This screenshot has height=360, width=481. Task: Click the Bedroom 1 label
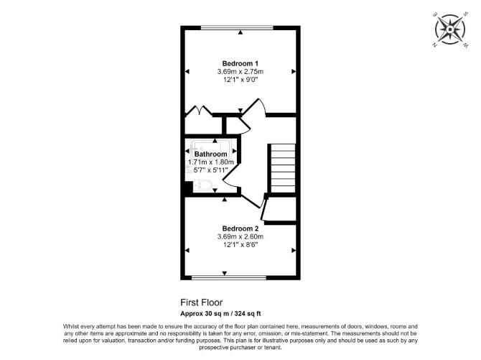pos(240,63)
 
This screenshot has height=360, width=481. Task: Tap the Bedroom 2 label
pos(240,229)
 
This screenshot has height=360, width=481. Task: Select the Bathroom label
pos(211,154)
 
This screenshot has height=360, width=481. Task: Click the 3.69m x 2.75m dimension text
pos(240,72)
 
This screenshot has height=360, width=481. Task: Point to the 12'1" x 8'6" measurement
pos(240,245)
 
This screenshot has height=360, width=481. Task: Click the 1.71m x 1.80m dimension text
pos(211,162)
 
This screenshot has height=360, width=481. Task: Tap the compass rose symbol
pos(449,29)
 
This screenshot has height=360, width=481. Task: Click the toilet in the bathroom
pos(202,186)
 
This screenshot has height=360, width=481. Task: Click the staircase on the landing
pos(282,168)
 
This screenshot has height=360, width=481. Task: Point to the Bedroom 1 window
pos(237,27)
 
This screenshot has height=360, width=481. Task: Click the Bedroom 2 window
pos(229,277)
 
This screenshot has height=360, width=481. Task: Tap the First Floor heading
pos(201,303)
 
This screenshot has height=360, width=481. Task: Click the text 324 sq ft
pos(248,313)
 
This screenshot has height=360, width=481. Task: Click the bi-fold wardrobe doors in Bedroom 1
pos(199,111)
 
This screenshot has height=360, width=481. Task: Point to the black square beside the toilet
pos(188,188)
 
